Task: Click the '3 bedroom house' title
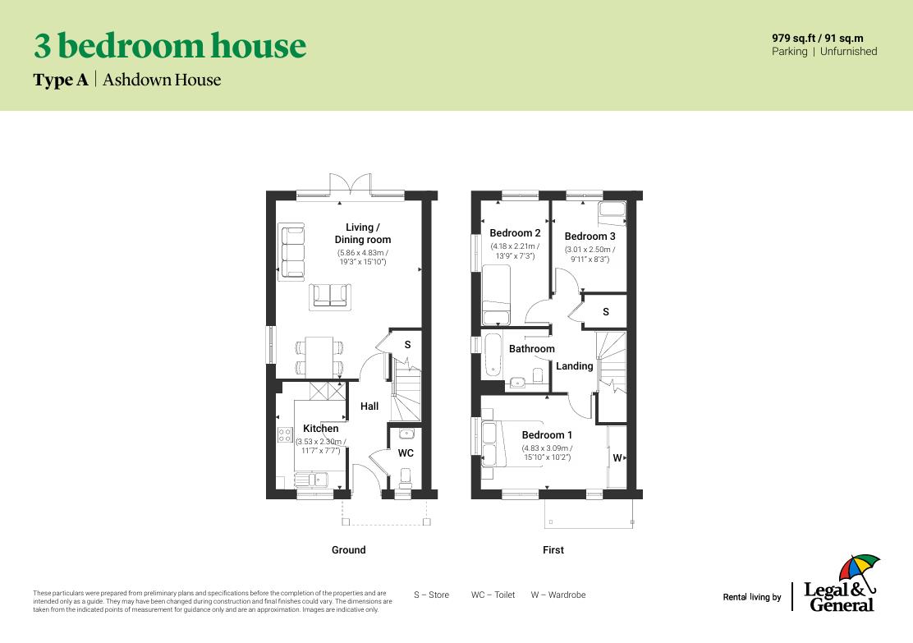pos(169,46)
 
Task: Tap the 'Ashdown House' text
pos(162,80)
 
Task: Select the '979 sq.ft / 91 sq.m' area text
pos(817,38)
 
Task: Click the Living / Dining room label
pos(362,233)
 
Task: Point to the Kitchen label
pos(320,429)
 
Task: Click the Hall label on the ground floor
pos(369,406)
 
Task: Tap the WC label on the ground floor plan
pos(406,453)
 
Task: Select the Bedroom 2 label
pos(515,233)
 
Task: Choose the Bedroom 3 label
pos(590,237)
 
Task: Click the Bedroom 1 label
pos(547,435)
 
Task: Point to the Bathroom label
pos(531,349)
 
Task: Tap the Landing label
pos(574,366)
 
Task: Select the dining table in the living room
pos(319,356)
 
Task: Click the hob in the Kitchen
pos(285,434)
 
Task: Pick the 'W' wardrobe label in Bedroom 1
pos(617,458)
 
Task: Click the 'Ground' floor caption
pos(348,550)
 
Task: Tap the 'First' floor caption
pos(553,550)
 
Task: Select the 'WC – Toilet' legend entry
pos(493,595)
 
